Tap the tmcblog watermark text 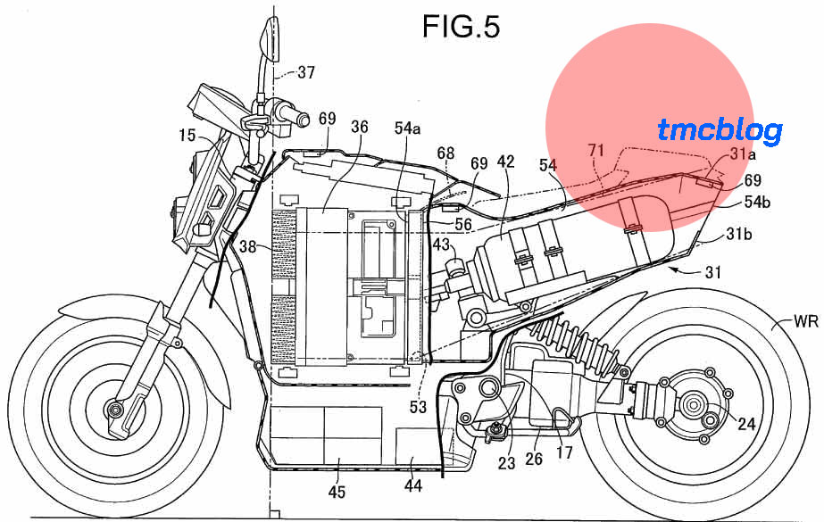click(720, 131)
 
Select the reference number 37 click(305, 73)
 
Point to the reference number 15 click(187, 136)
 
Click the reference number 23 click(507, 463)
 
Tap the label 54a click(407, 128)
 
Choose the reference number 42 click(506, 162)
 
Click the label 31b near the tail click(739, 236)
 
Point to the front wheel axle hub click(113, 409)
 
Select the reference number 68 click(445, 153)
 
